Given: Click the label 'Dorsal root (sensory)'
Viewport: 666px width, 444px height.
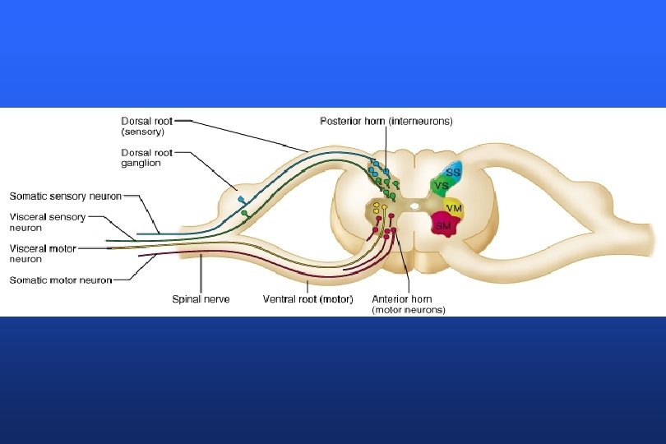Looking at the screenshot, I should coord(147,126).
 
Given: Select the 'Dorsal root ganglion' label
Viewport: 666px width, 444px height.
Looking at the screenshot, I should coord(147,157).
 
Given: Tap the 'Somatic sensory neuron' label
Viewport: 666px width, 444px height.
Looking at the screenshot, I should coord(65,197).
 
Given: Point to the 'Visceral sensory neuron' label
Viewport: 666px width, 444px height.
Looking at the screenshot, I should coord(47,223).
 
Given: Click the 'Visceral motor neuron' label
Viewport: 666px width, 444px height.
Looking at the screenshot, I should coord(44,253).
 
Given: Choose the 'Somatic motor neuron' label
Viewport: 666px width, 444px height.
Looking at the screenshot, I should coord(60,280).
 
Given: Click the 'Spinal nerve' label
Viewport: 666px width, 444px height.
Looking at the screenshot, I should coord(201,299).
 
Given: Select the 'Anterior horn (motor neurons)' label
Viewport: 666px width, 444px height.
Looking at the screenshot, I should coord(409,305).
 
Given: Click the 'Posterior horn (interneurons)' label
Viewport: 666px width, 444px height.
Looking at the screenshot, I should coord(386,121).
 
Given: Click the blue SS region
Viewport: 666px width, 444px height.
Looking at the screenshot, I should coord(452,172).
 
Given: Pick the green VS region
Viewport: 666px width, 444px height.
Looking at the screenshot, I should coord(442,187).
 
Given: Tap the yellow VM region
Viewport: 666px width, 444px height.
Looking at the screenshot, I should coord(453,208).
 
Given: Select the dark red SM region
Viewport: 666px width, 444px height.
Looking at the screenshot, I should coord(445,224).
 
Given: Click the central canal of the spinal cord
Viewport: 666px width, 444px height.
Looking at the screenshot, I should coord(414,197).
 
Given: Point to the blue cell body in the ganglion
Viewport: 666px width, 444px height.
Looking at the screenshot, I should coord(240,200).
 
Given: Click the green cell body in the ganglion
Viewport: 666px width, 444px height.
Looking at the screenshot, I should coord(244,215).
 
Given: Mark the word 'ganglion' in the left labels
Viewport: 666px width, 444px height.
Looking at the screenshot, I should coord(141,163).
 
